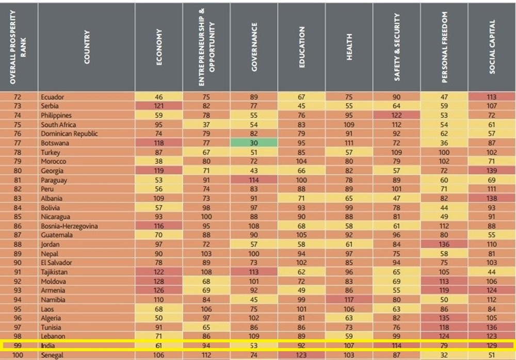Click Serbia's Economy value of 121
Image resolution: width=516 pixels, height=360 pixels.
pos(159,106)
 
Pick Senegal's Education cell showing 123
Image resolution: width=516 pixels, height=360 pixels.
pos(301,355)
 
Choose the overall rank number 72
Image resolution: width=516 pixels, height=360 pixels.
pos(19,96)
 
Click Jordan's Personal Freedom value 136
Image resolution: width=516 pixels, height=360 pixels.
pos(444,244)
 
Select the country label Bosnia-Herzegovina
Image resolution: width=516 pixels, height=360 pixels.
pos(68,226)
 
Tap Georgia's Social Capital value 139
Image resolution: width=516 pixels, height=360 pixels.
pos(492,171)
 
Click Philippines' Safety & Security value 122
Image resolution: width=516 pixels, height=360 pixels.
pos(396,115)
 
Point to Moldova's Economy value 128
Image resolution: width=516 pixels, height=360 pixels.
pos(159,281)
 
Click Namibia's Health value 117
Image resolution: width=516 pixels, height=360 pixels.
pos(349,300)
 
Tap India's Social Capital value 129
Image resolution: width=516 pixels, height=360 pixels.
pos(492,345)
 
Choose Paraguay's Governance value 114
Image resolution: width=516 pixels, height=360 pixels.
pos(253,180)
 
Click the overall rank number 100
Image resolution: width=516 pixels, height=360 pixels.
pos(19,355)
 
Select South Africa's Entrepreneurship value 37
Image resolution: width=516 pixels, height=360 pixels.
pos(206,124)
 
